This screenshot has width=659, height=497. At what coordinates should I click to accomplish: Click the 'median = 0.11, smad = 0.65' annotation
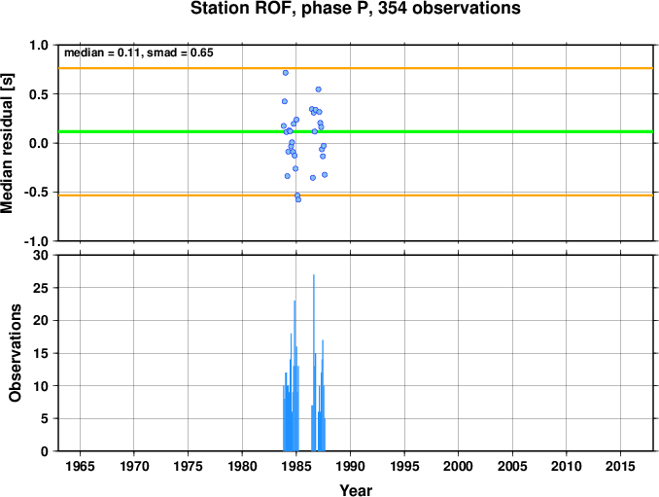139,53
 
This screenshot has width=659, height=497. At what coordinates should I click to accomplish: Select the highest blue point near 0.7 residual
286,73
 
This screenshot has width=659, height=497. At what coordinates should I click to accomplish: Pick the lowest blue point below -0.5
298,199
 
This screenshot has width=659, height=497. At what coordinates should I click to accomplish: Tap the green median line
356,132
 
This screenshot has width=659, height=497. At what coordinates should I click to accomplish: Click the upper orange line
356,68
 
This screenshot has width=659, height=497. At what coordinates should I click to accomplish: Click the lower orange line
356,195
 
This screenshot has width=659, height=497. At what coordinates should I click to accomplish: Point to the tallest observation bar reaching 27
314,363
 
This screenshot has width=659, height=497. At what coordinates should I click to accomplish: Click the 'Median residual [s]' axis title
8,143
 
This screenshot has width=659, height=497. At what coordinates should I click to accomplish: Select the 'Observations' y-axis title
16,353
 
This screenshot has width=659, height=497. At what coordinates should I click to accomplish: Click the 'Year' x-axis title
356,490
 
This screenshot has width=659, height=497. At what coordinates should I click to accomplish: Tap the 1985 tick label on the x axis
295,466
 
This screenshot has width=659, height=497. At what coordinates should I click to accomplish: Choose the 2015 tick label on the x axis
620,466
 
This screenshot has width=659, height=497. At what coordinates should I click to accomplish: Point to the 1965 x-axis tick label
80,466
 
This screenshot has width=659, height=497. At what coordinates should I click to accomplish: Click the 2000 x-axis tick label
458,466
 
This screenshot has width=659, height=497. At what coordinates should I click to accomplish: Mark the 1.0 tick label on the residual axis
39,45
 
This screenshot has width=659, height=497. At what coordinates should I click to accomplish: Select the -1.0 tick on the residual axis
36,241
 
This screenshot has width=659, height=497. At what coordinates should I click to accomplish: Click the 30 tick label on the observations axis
41,255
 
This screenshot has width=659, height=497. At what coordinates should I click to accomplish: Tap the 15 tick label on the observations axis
41,353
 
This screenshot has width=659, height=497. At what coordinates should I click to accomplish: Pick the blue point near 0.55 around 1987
318,89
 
